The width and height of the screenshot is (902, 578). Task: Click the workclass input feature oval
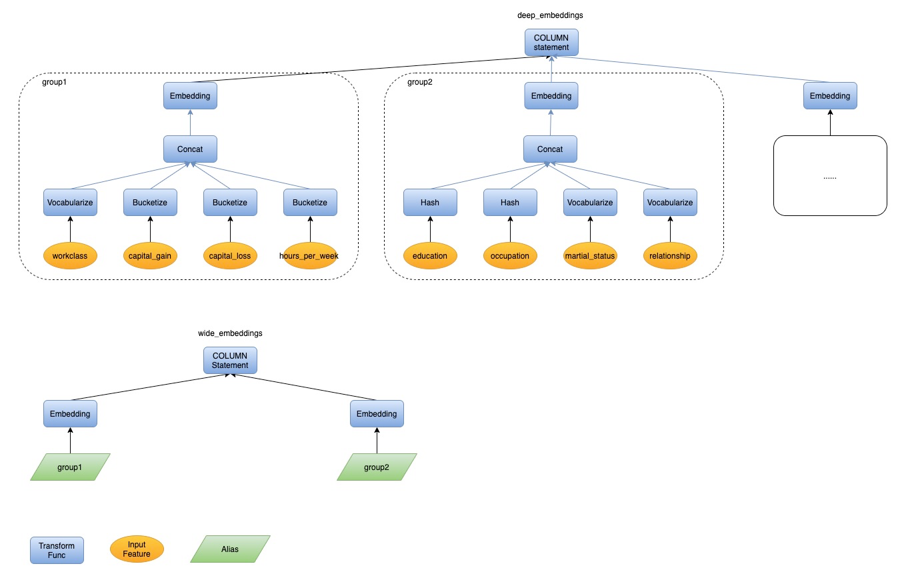(70, 256)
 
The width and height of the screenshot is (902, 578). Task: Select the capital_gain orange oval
(150, 256)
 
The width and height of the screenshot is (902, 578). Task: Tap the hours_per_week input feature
(310, 256)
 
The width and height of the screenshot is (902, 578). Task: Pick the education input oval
(430, 256)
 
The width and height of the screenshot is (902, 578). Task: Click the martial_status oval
(590, 256)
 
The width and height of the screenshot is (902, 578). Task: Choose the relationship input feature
(670, 256)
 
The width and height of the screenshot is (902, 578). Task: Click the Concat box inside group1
(190, 149)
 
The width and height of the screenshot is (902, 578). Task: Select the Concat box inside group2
(550, 149)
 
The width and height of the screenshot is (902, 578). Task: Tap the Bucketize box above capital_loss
(230, 203)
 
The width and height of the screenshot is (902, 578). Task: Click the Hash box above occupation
(510, 203)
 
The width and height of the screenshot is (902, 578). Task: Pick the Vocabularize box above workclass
(70, 203)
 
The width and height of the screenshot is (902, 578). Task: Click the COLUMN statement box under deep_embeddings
(551, 43)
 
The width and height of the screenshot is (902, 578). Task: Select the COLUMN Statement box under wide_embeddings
(230, 361)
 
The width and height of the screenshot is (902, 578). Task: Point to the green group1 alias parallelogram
(70, 467)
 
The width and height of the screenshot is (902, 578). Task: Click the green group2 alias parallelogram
(377, 467)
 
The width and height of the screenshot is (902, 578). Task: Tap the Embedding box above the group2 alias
(377, 414)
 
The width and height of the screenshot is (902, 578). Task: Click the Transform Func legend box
(57, 550)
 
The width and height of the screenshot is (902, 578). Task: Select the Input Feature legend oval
(137, 549)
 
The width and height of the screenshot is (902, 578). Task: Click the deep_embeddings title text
(550, 15)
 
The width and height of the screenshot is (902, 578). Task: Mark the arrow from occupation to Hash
(510, 229)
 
